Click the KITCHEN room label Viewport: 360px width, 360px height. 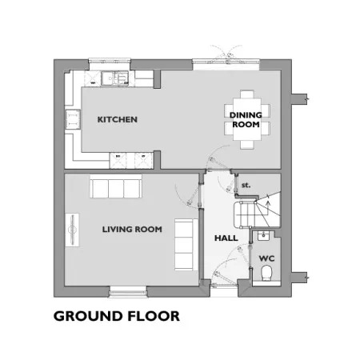118,119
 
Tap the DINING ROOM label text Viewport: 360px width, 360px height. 246,120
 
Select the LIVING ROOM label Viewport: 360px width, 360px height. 132,230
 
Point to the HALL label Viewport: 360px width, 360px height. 226,238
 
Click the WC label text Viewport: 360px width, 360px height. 266,258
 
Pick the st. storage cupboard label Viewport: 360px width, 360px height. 246,185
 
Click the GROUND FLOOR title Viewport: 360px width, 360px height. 117,316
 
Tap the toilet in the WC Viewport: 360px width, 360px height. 266,273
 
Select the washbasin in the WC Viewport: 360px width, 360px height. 263,236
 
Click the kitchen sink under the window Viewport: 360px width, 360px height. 115,78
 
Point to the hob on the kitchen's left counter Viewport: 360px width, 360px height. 73,119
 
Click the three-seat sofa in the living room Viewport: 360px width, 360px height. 116,186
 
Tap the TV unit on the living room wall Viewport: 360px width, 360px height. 72,230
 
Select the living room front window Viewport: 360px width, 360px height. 128,292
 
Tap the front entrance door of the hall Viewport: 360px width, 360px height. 223,286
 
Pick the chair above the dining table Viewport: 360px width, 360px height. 247,94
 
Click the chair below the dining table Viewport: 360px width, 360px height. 247,145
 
